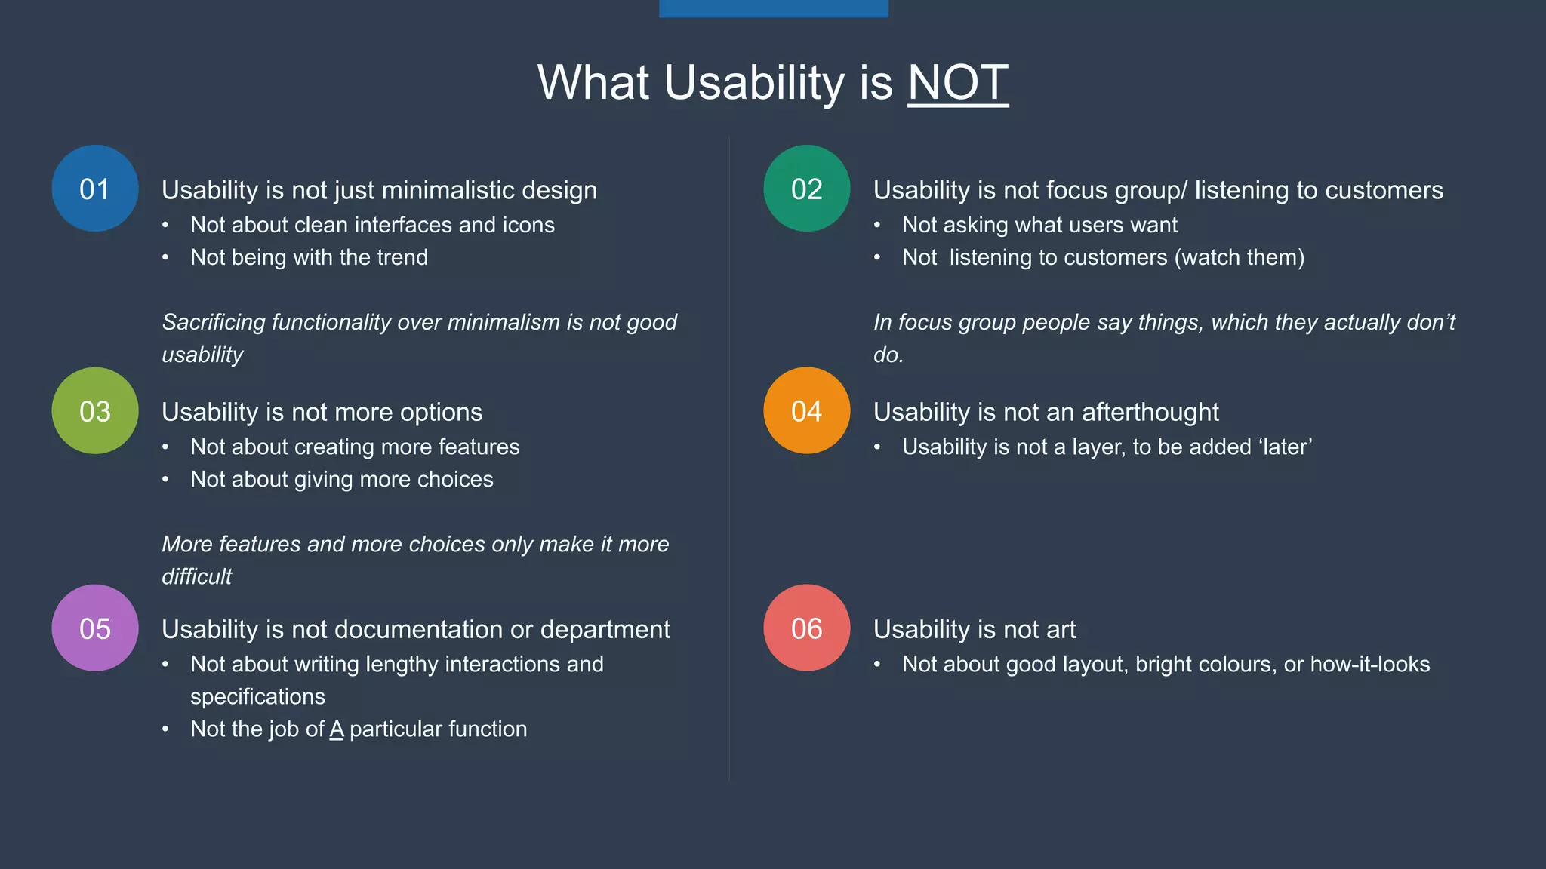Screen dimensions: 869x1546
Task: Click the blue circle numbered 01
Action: point(95,189)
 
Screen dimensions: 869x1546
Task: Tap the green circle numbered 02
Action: point(806,189)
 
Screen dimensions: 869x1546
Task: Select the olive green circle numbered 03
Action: point(95,411)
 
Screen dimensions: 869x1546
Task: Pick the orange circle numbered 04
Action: point(806,411)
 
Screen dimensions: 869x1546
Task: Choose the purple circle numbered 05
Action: point(95,628)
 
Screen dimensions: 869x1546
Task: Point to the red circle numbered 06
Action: point(806,628)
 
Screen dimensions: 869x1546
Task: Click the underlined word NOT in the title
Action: point(958,82)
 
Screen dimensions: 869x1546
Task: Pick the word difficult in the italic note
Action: point(196,576)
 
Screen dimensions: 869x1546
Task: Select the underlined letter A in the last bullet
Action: point(337,729)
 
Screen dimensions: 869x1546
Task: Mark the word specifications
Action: point(257,696)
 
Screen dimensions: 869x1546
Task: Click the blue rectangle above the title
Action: point(773,8)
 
